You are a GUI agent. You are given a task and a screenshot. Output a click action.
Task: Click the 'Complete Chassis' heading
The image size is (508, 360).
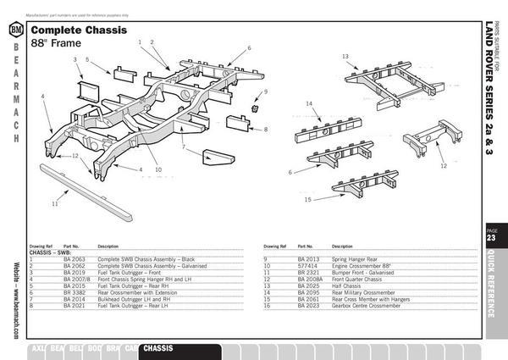click(x=79, y=30)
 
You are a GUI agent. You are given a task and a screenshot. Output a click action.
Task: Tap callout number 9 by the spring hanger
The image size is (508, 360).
click(x=265, y=91)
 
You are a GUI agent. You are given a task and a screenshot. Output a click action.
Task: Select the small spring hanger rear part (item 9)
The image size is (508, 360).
click(x=254, y=109)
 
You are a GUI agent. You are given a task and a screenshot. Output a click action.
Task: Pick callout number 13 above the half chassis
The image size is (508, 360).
click(x=345, y=56)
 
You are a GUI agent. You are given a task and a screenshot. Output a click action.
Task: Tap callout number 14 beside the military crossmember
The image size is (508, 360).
click(x=310, y=104)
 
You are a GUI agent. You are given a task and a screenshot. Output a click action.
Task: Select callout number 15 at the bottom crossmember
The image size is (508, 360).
click(x=308, y=200)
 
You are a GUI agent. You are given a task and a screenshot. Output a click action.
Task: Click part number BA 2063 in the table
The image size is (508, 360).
click(x=75, y=258)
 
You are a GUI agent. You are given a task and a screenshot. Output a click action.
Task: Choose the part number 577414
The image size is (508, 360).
click(x=306, y=263)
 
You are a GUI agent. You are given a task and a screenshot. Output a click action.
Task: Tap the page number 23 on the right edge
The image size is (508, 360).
click(x=491, y=238)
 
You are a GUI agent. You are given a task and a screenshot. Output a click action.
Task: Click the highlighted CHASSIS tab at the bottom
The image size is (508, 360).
click(x=159, y=348)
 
